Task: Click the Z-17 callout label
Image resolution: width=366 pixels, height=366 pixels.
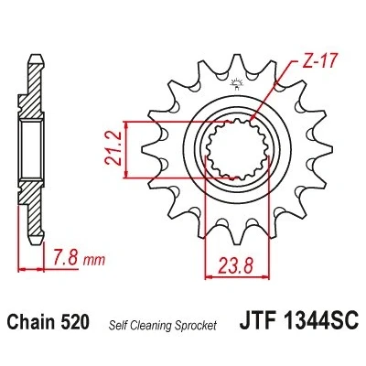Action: (x=316, y=62)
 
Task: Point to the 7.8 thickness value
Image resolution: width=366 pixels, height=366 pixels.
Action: (x=65, y=258)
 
